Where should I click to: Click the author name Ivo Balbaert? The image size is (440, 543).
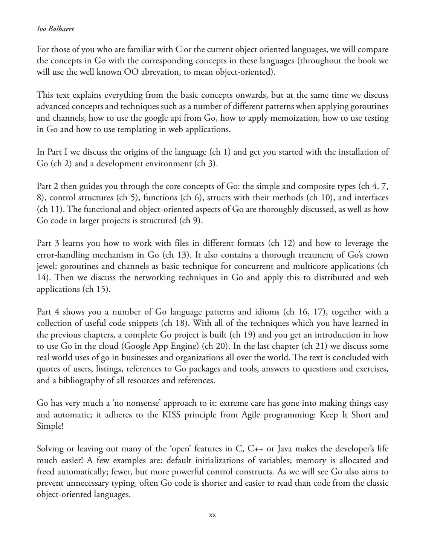click(55, 29)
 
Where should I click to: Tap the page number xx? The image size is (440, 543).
click(212, 515)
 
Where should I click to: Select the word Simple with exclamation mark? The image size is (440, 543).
click(50, 426)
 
